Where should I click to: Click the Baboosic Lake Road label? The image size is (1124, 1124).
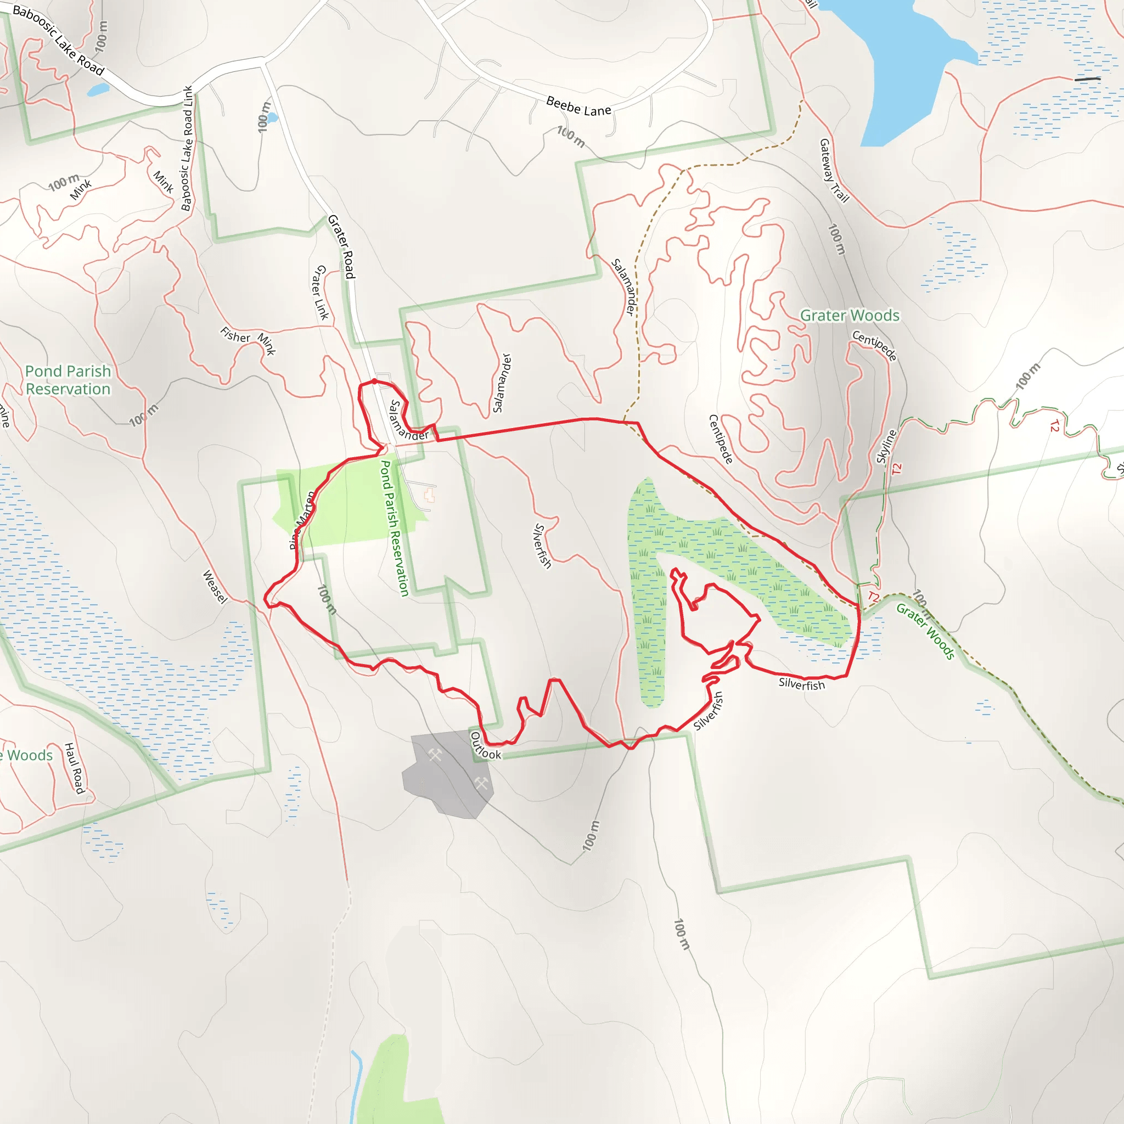point(58,40)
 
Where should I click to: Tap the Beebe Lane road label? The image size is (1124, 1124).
point(578,106)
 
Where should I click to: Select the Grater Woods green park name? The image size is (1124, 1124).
point(850,316)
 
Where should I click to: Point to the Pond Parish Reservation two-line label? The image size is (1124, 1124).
point(68,380)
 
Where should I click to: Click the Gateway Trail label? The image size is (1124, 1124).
point(834,170)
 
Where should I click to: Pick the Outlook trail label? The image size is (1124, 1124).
point(485,746)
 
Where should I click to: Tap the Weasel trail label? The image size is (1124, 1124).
point(214,587)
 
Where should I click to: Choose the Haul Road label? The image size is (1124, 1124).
point(75,768)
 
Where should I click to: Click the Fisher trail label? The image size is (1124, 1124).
point(235,335)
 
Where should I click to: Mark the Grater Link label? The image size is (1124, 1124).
point(322,292)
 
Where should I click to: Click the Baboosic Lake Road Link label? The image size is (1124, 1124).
point(187,148)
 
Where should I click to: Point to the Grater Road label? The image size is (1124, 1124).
point(341,246)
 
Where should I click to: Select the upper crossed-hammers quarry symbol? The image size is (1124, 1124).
point(435,755)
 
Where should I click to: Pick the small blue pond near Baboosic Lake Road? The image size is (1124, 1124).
point(98,90)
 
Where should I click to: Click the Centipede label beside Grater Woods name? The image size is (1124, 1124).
point(874,345)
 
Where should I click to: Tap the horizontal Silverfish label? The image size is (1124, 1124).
point(802,684)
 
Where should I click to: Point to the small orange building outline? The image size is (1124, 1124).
point(429,496)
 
